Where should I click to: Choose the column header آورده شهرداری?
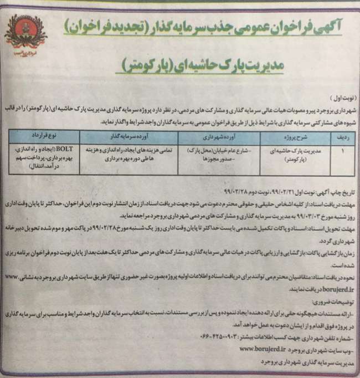coord(210,135)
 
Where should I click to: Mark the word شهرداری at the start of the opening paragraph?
coord(340,105)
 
